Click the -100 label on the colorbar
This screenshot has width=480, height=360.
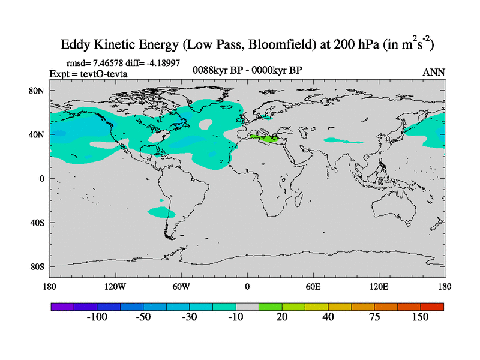click(x=97, y=317)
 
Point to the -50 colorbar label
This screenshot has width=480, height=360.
click(x=143, y=317)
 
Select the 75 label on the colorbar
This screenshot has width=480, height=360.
click(x=374, y=317)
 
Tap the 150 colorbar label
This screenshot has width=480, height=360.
click(x=421, y=317)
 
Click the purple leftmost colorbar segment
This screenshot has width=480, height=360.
click(x=61, y=307)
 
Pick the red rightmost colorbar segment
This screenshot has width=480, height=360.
click(x=432, y=307)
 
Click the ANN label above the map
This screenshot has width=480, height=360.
click(x=434, y=73)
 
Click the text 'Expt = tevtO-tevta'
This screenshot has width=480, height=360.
click(x=88, y=74)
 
